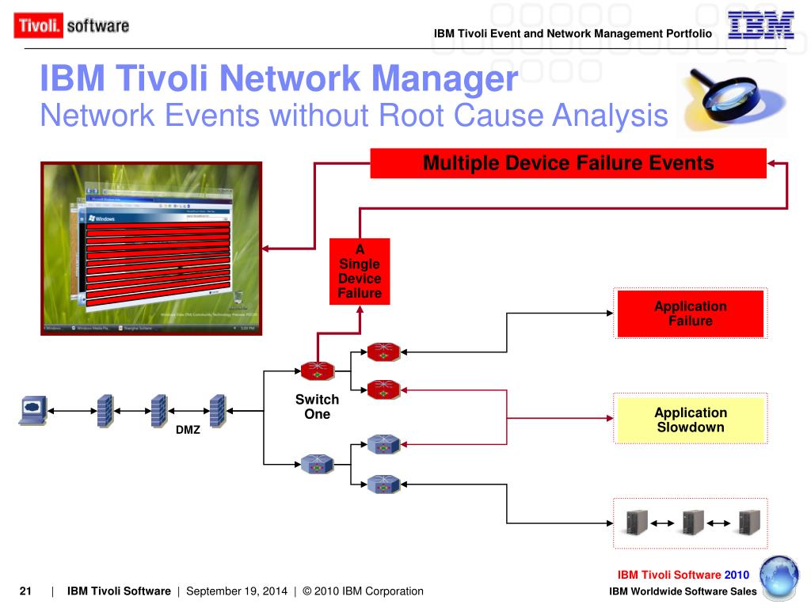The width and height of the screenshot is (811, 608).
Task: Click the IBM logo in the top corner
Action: click(x=760, y=25)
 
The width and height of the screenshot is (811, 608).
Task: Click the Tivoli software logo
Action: click(x=71, y=25)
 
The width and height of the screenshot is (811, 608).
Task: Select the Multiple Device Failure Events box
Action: click(x=568, y=164)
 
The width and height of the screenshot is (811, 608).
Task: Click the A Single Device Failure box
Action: click(x=360, y=272)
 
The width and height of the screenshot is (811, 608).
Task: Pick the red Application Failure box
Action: click(x=690, y=313)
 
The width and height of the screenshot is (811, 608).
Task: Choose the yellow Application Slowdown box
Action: click(x=690, y=420)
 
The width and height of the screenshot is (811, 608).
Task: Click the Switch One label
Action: click(x=317, y=407)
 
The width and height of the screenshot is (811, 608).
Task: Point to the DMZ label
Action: click(x=188, y=431)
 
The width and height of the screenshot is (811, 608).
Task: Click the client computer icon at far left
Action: click(x=32, y=410)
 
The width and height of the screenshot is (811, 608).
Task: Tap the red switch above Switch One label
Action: click(x=317, y=369)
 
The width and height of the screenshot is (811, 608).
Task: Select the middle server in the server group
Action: click(x=692, y=522)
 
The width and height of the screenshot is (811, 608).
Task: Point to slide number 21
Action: click(x=25, y=591)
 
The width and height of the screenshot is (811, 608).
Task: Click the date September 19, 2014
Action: click(x=237, y=591)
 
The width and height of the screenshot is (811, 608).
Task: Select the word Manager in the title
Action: click(x=446, y=80)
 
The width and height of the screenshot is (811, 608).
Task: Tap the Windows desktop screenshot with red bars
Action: click(x=151, y=249)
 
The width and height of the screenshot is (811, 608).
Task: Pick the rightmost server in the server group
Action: click(x=748, y=522)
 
